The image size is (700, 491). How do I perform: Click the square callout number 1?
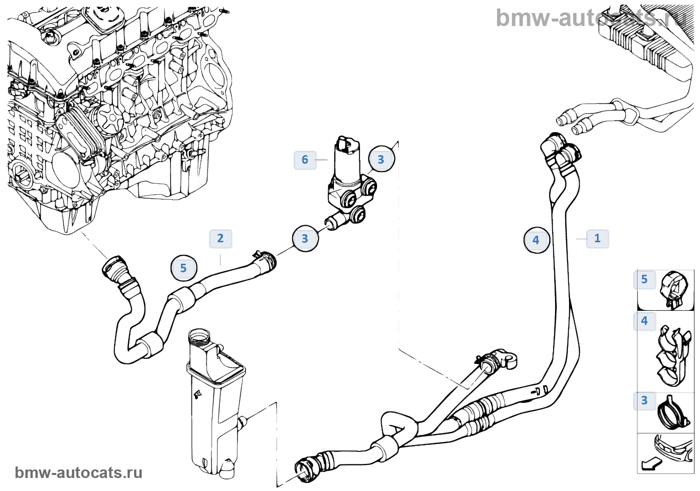coord(597,238)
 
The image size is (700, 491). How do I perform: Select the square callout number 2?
coord(220,238)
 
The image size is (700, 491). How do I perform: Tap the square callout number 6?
coord(305,160)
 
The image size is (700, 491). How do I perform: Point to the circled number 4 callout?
coord(536,240)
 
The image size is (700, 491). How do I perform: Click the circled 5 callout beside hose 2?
coord(183,268)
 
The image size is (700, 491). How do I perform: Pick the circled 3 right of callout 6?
coord(381,159)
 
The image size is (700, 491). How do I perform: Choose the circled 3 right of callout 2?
coord(305,239)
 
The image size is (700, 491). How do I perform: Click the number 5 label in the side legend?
coord(644,279)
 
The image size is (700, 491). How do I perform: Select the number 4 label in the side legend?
coord(644,320)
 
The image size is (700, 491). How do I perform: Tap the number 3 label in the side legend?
coord(644,400)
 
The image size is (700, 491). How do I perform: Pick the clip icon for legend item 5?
coord(673,289)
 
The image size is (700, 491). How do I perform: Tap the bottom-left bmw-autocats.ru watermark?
coord(78,472)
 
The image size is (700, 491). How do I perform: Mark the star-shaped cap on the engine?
coord(109,120)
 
